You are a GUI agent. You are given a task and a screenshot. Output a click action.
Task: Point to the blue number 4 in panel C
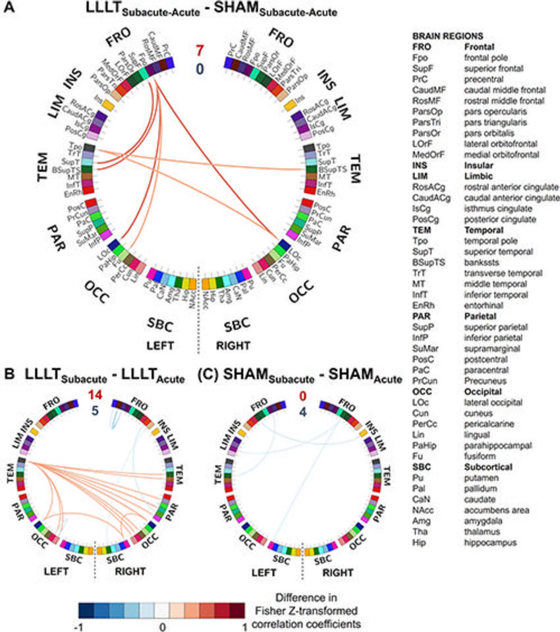pos(304,409)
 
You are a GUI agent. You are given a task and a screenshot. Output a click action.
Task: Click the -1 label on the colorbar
pos(82,625)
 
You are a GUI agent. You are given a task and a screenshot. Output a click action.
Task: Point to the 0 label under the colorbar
pos(162,625)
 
